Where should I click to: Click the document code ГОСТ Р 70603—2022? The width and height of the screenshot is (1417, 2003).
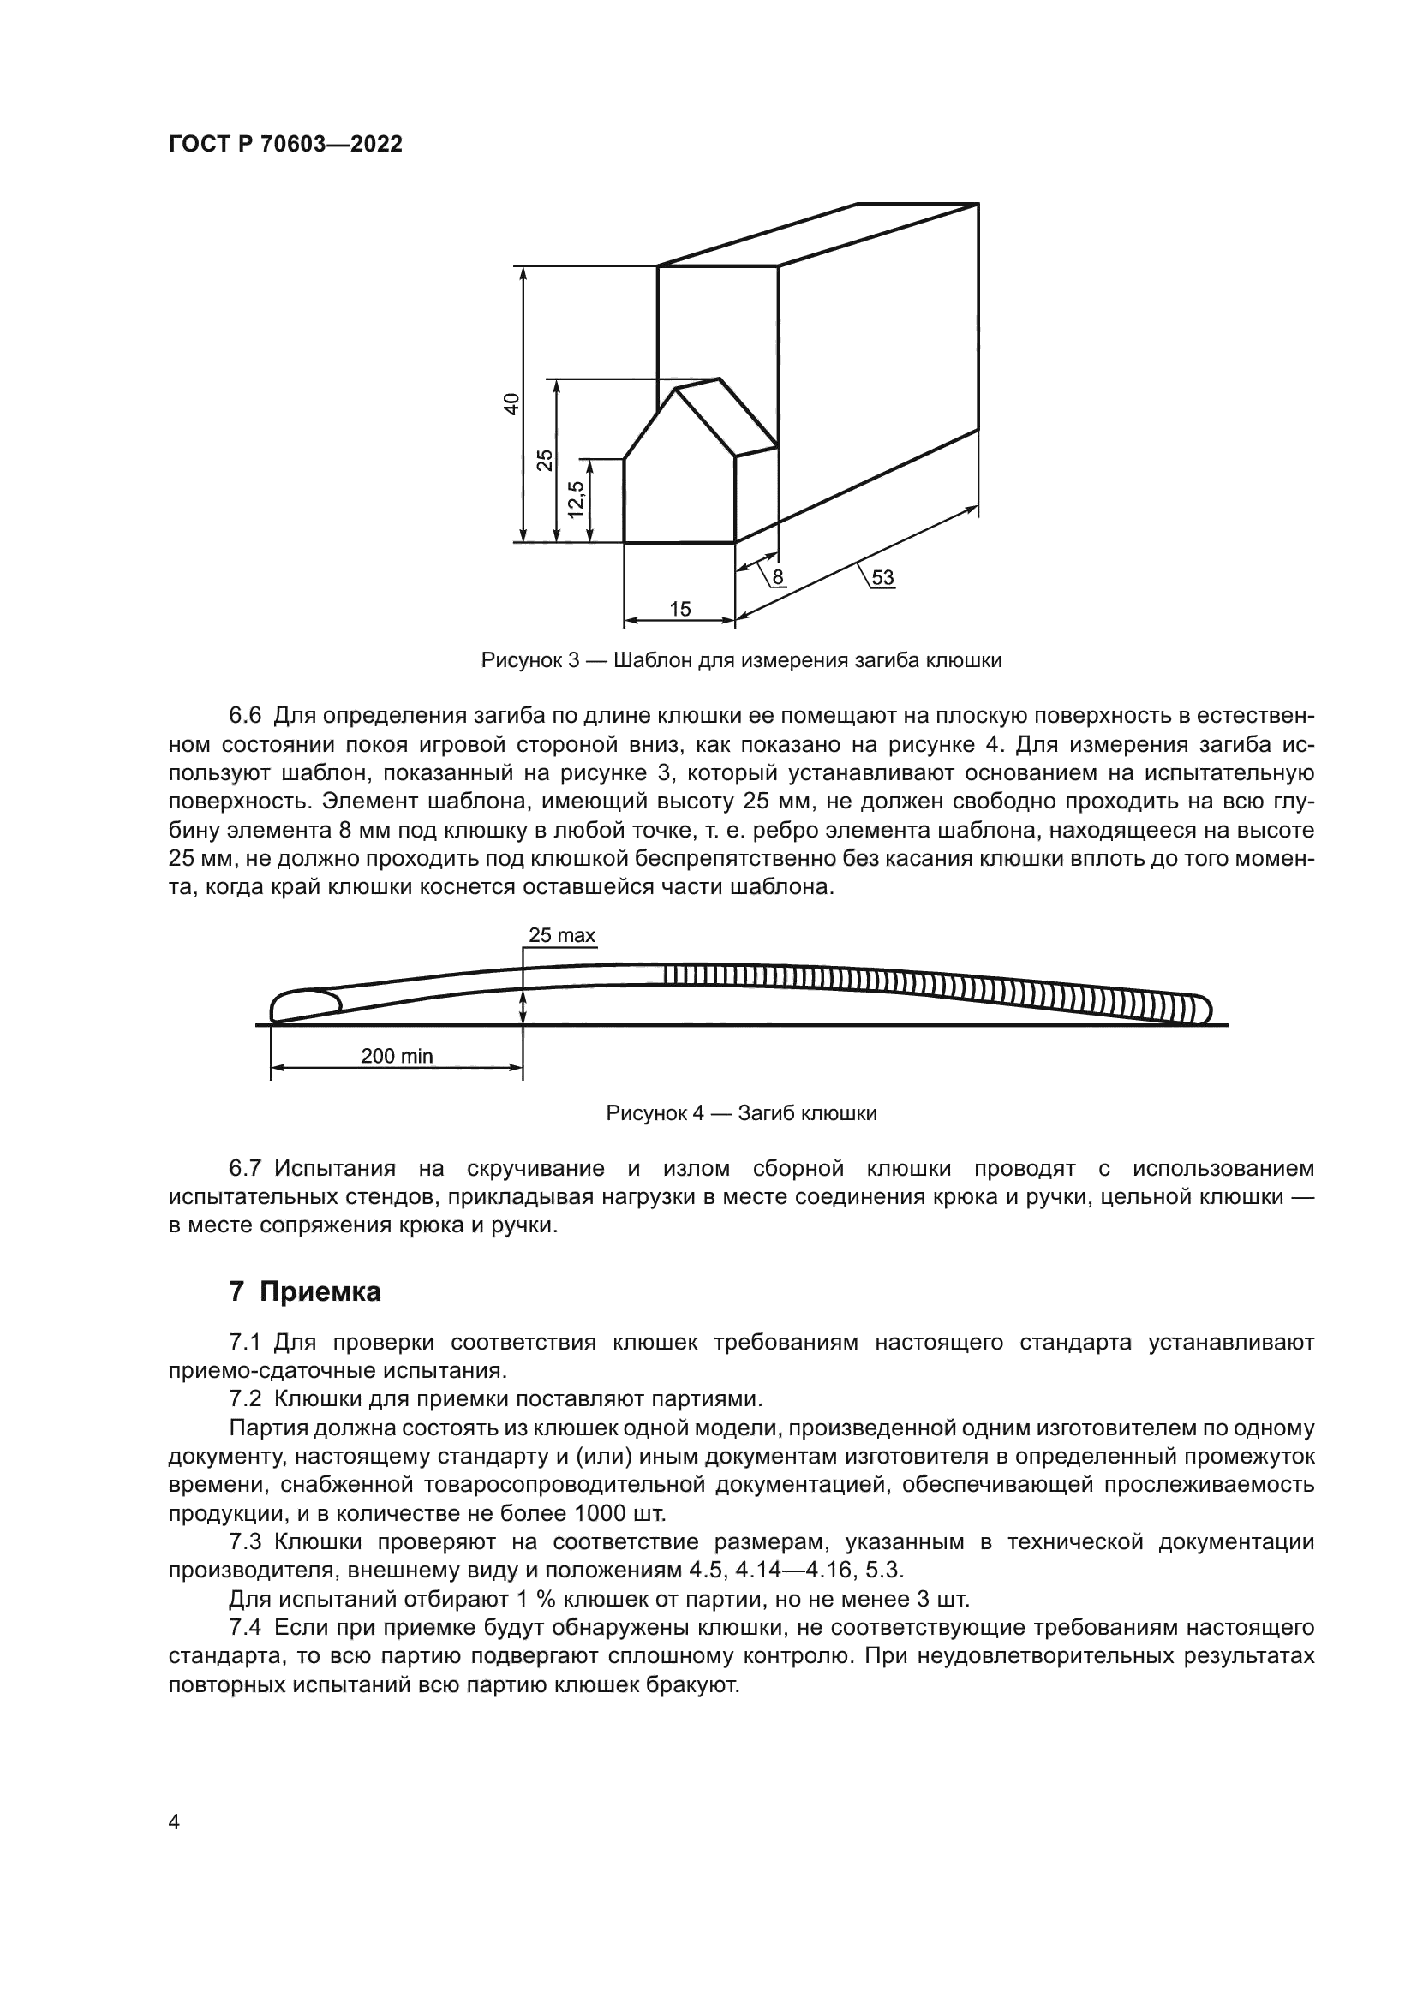[x=285, y=145]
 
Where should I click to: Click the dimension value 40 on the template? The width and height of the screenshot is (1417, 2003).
[x=512, y=403]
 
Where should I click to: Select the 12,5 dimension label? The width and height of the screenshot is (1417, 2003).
[x=577, y=500]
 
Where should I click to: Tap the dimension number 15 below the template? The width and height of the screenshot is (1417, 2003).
[x=679, y=609]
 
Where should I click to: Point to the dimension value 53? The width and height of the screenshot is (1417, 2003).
[x=882, y=576]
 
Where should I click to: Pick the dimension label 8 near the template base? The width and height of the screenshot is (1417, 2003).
[x=777, y=576]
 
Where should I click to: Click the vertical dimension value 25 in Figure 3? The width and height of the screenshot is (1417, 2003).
[x=545, y=460]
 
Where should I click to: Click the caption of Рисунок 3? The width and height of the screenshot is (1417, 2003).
[x=741, y=660]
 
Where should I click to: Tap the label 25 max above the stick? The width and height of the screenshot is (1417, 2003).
[x=562, y=936]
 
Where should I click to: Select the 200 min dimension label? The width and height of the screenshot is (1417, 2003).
[x=397, y=1056]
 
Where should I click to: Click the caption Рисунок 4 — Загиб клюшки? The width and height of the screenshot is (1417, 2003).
[x=741, y=1114]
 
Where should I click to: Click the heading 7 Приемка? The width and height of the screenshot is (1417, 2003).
[x=304, y=1291]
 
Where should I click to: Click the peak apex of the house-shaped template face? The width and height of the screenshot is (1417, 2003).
[x=676, y=389]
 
